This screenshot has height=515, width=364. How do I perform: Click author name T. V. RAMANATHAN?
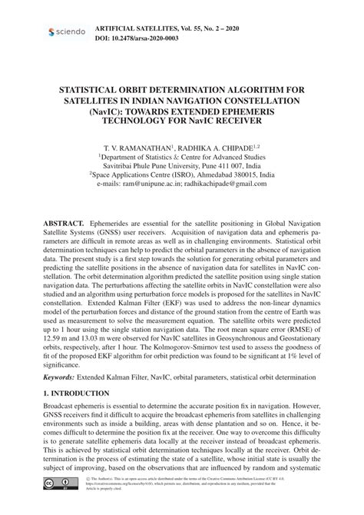click(138, 145)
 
